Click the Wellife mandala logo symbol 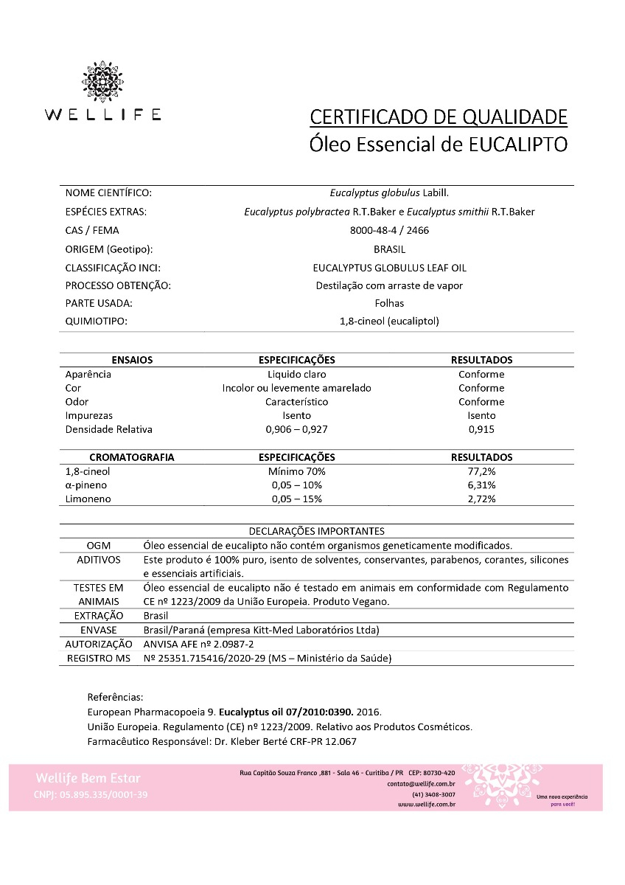[102, 82]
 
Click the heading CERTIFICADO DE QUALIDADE [439, 117]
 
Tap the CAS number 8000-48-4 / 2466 [389, 230]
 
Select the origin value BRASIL [389, 249]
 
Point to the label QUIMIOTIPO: [97, 321]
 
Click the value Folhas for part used [389, 303]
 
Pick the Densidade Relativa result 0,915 [481, 429]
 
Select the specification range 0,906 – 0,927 [296, 429]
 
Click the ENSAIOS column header [132, 360]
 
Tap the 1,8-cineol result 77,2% [481, 471]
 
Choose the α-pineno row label [86, 485]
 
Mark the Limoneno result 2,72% [481, 499]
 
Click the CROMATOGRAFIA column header [132, 457]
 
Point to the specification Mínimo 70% [296, 471]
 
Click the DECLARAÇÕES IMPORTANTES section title [316, 531]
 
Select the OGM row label [98, 546]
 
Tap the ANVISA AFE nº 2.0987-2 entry [193, 644]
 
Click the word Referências [115, 697]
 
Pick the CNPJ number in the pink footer [91, 794]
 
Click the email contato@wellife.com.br [421, 784]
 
